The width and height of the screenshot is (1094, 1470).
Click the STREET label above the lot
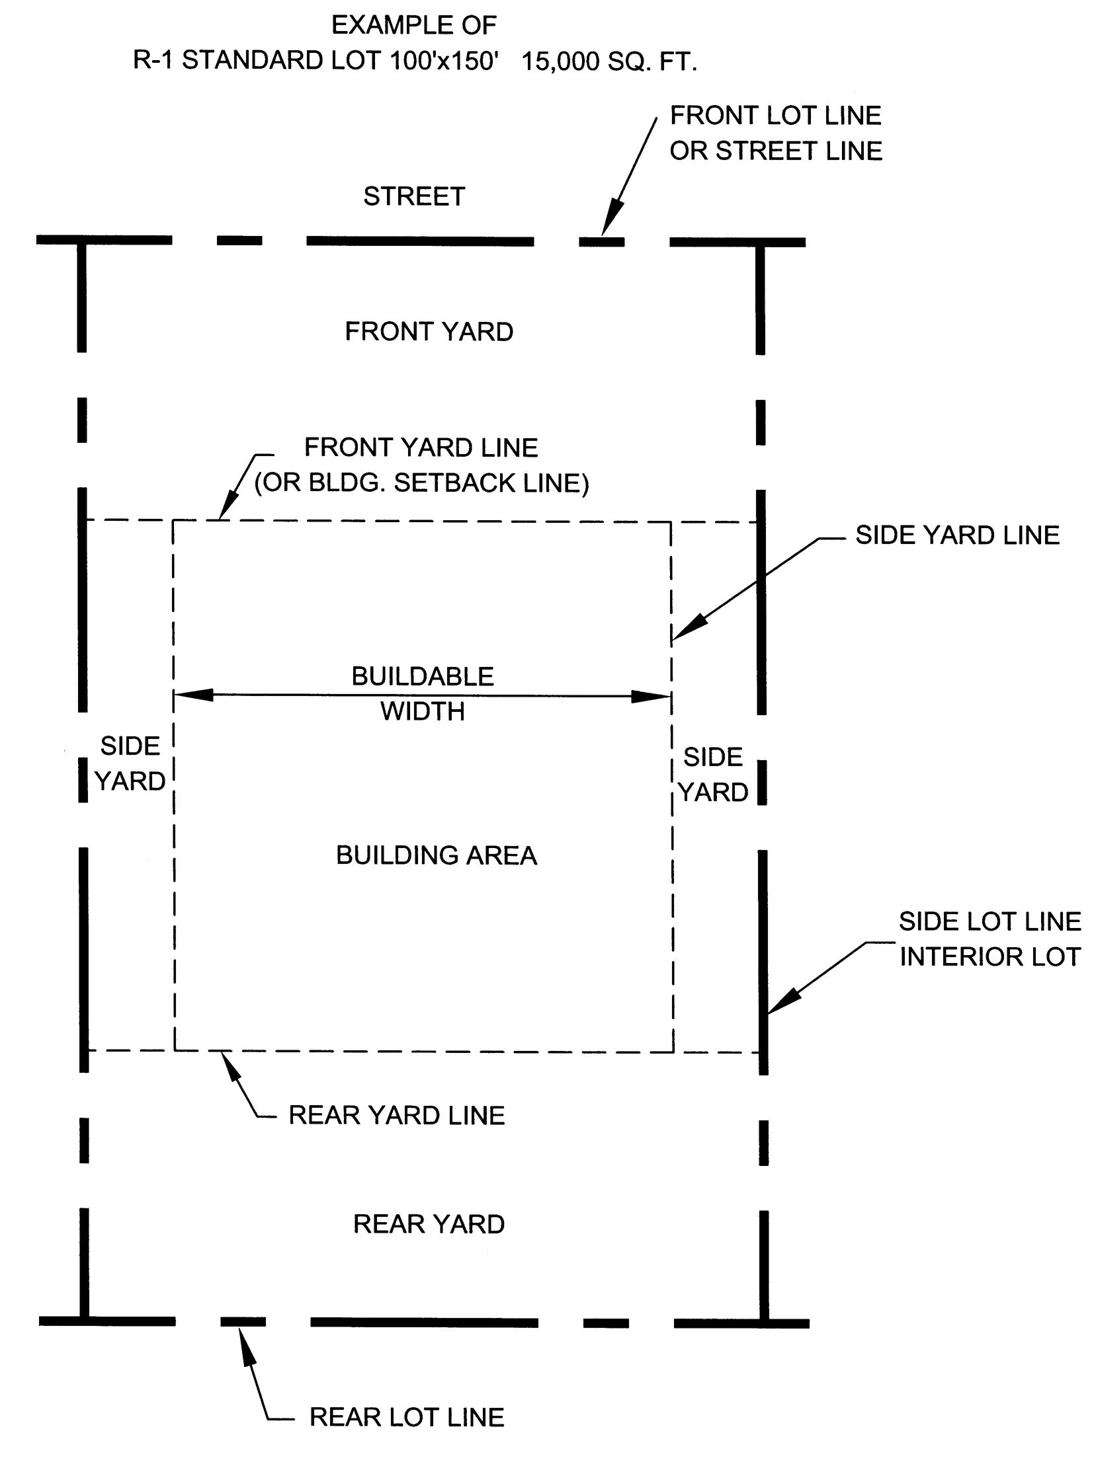pyautogui.click(x=414, y=196)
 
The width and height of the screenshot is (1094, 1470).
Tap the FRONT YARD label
pyautogui.click(x=429, y=332)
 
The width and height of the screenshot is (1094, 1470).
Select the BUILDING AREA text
pyautogui.click(x=437, y=856)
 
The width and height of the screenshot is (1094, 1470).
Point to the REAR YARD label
pyautogui.click(x=429, y=1223)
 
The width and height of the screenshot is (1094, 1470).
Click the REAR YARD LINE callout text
pyautogui.click(x=396, y=1115)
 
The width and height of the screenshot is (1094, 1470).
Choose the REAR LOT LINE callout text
pyautogui.click(x=407, y=1417)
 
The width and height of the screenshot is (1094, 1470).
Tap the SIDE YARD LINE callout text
pyautogui.click(x=957, y=535)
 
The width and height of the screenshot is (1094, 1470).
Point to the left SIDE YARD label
pyautogui.click(x=130, y=764)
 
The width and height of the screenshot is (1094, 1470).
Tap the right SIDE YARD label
pyautogui.click(x=713, y=775)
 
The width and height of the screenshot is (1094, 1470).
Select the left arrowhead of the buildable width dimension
pyautogui.click(x=192, y=695)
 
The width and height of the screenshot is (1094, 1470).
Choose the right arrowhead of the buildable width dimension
pyautogui.click(x=652, y=696)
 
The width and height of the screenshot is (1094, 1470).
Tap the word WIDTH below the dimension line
pyautogui.click(x=422, y=711)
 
